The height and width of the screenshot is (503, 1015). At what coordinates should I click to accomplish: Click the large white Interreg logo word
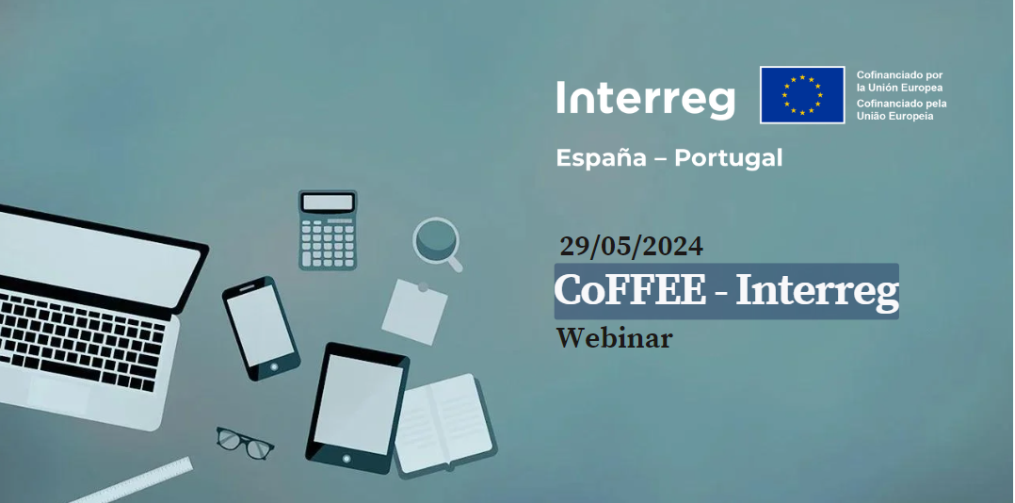(x=645, y=99)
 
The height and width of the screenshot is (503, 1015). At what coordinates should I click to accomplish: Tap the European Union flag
(x=802, y=94)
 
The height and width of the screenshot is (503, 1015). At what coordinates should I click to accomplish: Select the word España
(x=602, y=158)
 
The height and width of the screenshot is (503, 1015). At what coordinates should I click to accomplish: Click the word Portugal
(x=728, y=158)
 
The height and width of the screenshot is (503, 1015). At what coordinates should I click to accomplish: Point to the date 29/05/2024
(x=631, y=246)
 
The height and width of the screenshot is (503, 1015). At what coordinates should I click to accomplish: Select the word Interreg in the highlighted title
(x=817, y=292)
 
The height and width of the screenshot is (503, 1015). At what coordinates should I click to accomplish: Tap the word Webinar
(x=614, y=338)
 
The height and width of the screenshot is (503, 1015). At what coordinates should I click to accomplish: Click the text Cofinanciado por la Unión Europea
(x=899, y=82)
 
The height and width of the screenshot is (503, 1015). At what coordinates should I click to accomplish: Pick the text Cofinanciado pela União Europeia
(x=901, y=109)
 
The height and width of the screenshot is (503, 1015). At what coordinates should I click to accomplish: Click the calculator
(x=328, y=230)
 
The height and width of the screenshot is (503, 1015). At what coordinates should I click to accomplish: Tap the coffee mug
(x=437, y=242)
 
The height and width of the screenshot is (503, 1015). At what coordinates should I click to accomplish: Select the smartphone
(x=261, y=328)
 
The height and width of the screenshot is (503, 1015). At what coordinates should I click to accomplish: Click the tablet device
(x=357, y=408)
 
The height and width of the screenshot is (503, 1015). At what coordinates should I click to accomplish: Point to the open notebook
(x=444, y=425)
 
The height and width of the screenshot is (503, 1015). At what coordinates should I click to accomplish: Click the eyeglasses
(x=244, y=442)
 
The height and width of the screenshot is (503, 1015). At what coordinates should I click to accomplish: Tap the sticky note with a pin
(x=414, y=312)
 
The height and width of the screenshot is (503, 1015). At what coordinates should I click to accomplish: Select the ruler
(x=133, y=481)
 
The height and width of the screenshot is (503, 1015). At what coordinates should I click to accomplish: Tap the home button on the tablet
(x=346, y=459)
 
